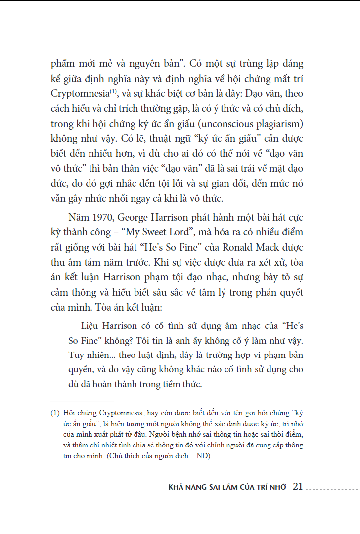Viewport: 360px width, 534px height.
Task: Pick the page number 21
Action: click(x=298, y=487)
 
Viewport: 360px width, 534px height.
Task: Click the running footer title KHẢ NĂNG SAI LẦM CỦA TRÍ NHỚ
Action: click(x=227, y=487)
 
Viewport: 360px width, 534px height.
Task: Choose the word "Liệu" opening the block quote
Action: click(x=90, y=326)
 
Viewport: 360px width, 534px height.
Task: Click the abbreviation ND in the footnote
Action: click(x=203, y=456)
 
